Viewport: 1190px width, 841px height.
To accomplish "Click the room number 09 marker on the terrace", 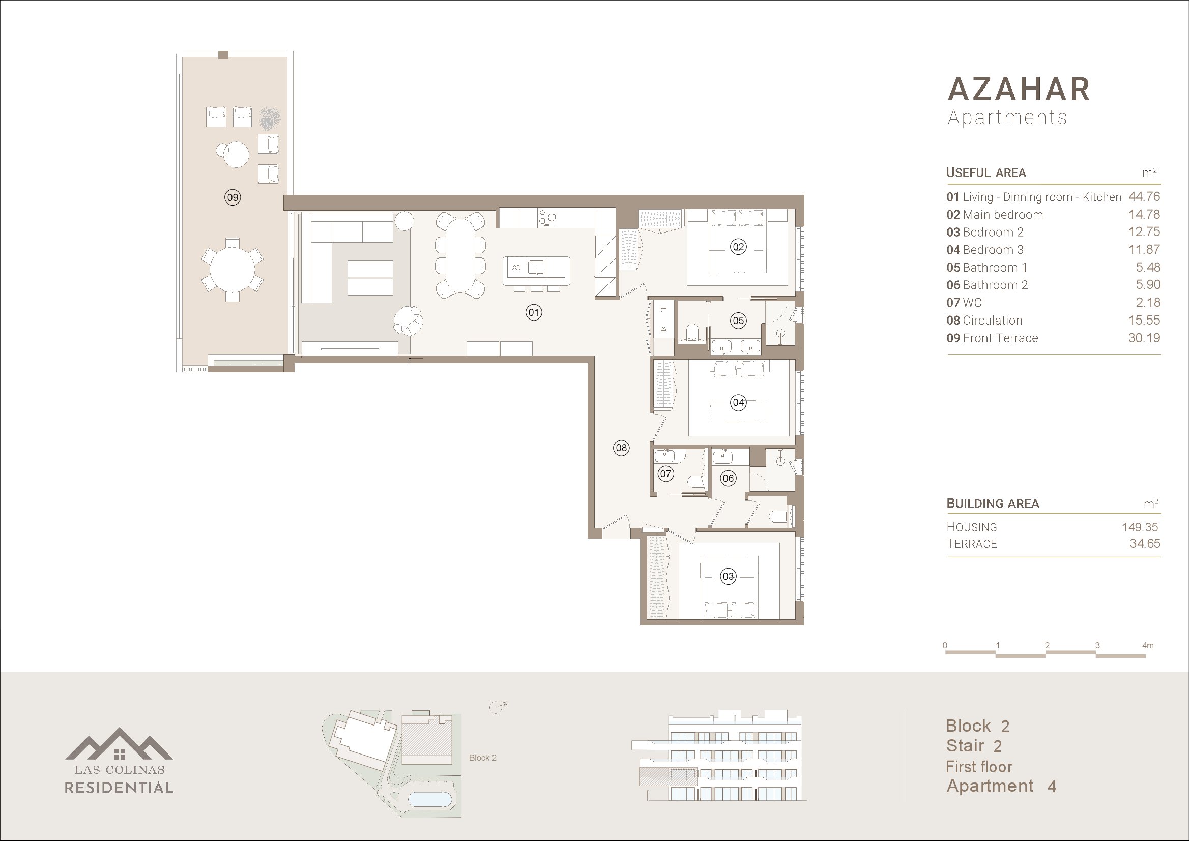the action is (233, 197).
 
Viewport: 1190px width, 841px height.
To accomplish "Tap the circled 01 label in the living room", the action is (534, 312).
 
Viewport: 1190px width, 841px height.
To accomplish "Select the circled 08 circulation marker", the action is (621, 448).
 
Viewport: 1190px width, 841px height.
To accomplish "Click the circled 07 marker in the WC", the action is (665, 473).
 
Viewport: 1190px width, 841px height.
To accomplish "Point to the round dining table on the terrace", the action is (233, 270).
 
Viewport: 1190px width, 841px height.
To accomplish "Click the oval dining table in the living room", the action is (460, 255).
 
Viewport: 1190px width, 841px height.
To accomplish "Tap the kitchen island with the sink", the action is (536, 271).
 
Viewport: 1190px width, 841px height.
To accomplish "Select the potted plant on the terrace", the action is (270, 118).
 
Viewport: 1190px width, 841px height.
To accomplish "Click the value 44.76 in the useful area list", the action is (1144, 197).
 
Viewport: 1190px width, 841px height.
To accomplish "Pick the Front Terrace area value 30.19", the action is (1144, 338).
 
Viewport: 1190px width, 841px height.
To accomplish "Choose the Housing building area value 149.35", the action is (1140, 527).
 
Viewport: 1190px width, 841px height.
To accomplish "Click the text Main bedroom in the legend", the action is (1003, 215).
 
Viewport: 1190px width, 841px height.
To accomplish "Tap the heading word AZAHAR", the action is (1019, 89).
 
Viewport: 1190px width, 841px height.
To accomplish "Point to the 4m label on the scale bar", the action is (1147, 645).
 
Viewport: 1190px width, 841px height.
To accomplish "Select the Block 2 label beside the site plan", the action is (482, 758).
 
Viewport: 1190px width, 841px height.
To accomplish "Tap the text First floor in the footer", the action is (978, 766).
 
